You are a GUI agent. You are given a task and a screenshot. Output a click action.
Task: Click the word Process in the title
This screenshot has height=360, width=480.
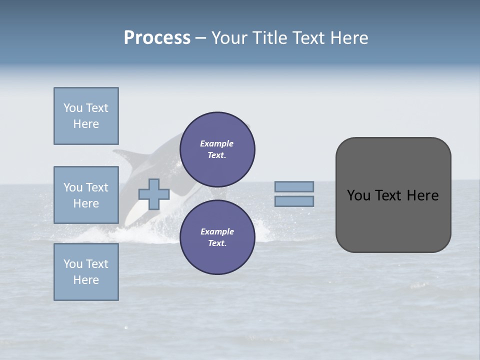[x=157, y=38]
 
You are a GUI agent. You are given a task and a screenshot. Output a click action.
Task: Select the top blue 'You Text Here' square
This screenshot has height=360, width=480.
[x=86, y=116]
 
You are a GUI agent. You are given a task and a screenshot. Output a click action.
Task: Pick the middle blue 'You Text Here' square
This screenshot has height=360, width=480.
[x=86, y=195]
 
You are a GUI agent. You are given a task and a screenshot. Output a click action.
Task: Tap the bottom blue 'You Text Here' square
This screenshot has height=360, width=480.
[x=86, y=272]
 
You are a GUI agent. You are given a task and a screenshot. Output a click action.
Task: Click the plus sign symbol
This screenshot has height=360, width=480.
[x=154, y=194]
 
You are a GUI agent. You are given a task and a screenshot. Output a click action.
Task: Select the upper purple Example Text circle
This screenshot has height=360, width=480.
[x=217, y=149]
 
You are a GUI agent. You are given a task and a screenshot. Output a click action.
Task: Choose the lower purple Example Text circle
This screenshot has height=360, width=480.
[x=217, y=237]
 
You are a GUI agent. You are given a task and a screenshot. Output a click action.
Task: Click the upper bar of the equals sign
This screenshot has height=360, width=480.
[x=294, y=186]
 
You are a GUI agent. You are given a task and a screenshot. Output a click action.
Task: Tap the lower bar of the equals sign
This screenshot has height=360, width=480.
[x=294, y=201]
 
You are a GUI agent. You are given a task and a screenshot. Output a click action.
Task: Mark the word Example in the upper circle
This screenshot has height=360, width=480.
[x=216, y=143]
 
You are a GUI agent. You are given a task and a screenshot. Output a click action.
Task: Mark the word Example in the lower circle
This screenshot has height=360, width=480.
[x=217, y=231]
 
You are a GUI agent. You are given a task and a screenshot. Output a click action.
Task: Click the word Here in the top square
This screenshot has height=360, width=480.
[x=86, y=124]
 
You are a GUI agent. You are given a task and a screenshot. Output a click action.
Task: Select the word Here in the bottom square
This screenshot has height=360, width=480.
[x=86, y=280]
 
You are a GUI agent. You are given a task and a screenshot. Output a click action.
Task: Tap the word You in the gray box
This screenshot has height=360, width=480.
[x=358, y=195]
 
